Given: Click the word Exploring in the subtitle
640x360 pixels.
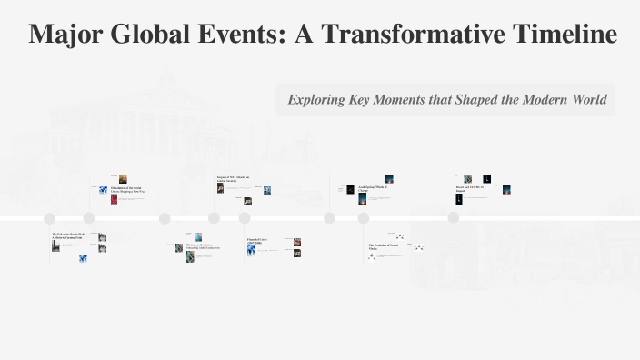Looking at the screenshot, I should [315, 100].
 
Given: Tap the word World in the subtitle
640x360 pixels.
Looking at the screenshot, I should [584, 100].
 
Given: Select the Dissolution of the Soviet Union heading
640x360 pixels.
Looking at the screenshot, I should [127, 190].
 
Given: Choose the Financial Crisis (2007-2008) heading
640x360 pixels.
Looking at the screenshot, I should [262, 242].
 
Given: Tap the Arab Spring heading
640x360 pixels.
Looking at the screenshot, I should [374, 188].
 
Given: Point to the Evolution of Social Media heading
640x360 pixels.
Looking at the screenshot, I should [385, 246].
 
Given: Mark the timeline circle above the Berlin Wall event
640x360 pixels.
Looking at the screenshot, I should [50, 218].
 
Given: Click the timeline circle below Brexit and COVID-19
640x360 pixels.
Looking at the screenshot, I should [454, 218].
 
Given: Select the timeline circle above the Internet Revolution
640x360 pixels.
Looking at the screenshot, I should [165, 218].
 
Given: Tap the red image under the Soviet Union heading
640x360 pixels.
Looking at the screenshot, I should [115, 200].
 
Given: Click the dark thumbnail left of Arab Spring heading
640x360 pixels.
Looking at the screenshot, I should [350, 190].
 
